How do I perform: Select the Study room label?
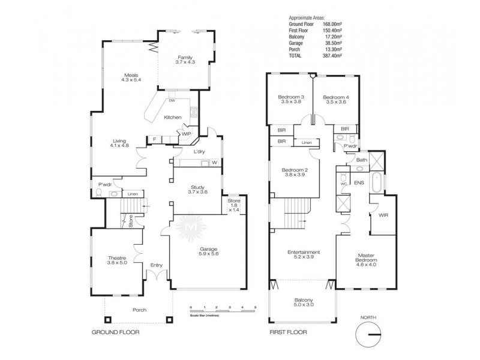tap(197, 188)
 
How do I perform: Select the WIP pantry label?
tap(186, 133)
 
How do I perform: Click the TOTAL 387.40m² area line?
tap(314, 55)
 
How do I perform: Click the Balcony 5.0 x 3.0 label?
tap(302, 303)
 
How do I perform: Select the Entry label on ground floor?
tap(157, 265)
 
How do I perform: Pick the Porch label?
tap(140, 310)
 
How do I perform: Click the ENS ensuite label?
tap(359, 182)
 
